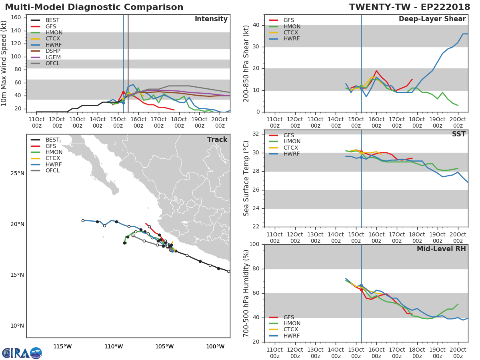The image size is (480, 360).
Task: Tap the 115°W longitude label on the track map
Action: click(x=62, y=346)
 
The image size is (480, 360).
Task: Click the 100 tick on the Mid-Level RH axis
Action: click(x=254, y=244)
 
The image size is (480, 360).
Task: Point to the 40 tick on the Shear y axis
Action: click(x=256, y=25)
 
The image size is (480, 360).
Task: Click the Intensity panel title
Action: click(x=211, y=19)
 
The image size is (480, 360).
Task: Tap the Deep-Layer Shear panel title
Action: click(x=432, y=19)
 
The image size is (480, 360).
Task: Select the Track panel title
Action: click(x=217, y=140)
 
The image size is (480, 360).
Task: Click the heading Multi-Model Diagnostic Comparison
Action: click(x=94, y=7)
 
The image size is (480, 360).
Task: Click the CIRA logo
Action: click(x=22, y=353)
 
